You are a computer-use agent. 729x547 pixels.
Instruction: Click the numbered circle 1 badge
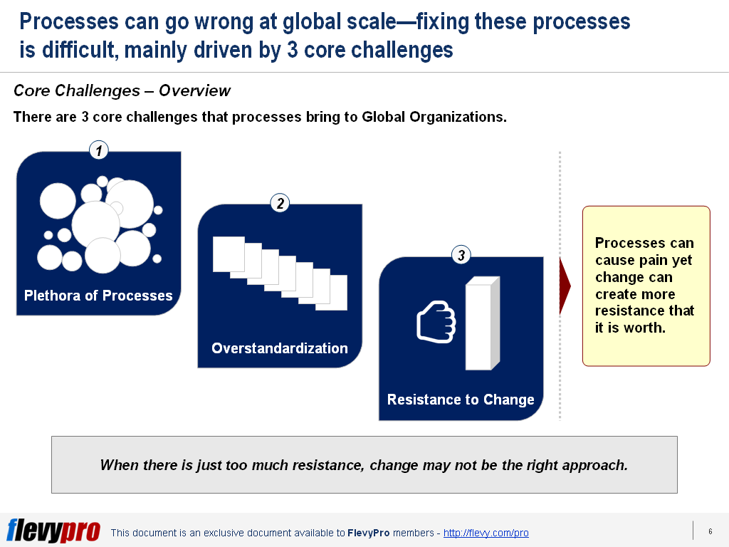click(x=99, y=150)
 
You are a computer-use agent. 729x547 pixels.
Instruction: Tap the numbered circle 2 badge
click(x=280, y=204)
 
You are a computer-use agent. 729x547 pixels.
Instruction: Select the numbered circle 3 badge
click(x=461, y=255)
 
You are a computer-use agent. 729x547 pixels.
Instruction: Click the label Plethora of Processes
click(x=98, y=296)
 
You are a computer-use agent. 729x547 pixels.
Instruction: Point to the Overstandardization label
click(x=280, y=348)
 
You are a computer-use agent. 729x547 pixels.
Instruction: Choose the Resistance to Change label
click(x=461, y=400)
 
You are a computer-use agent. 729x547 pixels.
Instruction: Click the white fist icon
click(x=435, y=321)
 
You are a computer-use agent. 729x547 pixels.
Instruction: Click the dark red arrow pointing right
click(x=565, y=286)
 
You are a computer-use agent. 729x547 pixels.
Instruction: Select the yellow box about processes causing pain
click(x=646, y=286)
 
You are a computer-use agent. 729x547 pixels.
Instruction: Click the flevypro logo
click(x=53, y=531)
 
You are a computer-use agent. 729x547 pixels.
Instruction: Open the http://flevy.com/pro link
click(x=486, y=533)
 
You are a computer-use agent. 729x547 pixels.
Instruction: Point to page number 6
click(x=710, y=531)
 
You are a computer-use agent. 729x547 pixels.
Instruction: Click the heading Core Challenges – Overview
click(x=122, y=90)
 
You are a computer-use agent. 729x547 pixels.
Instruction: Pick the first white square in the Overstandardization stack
click(x=228, y=254)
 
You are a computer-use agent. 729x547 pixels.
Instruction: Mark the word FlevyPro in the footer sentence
click(x=368, y=533)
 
